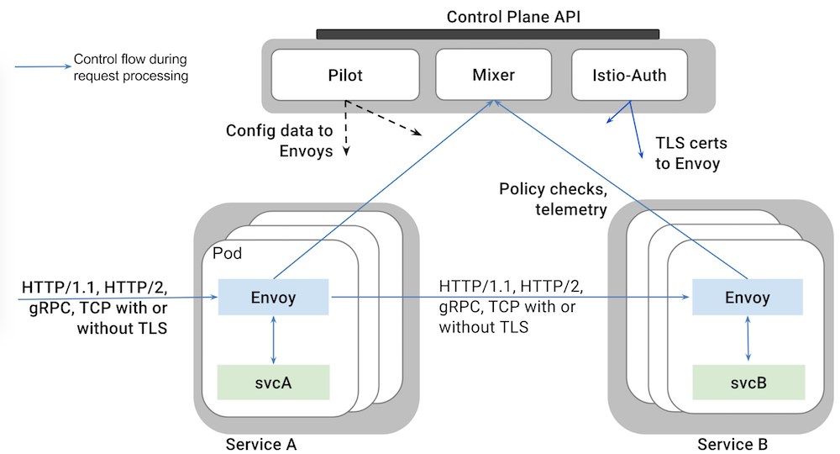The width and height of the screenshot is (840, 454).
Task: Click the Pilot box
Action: [345, 76]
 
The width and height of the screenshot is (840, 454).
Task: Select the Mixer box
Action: [494, 76]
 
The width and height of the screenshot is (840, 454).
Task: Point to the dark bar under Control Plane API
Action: [487, 34]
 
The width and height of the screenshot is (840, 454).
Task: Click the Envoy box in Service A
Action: [273, 297]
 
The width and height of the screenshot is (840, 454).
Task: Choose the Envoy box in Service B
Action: [747, 297]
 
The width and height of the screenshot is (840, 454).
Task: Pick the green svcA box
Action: [273, 382]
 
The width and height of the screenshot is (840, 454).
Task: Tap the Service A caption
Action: [261, 443]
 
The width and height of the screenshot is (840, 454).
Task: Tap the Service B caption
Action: [732, 443]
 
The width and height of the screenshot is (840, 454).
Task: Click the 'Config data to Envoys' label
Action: [280, 140]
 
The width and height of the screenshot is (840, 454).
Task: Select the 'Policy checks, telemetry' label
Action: [553, 198]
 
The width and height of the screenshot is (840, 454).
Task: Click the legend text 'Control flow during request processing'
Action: [131, 67]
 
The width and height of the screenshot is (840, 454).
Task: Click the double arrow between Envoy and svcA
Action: [274, 340]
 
